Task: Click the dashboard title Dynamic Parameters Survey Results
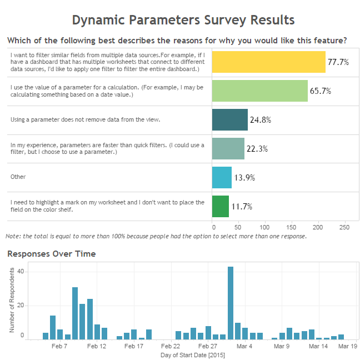tap(183, 21)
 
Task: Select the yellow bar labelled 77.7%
tap(268, 62)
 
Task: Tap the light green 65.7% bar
tap(259, 91)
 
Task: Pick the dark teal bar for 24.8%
tap(229, 119)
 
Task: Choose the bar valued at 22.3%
tap(228, 148)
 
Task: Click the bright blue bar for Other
tap(222, 177)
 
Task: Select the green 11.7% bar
tap(220, 206)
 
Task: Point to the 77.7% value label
tap(338, 62)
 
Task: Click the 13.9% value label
tap(244, 178)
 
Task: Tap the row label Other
tap(18, 177)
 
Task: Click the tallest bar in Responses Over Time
tap(231, 303)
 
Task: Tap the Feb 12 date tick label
tap(97, 346)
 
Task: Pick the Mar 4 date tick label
tap(244, 346)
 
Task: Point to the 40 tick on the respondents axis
tap(21, 271)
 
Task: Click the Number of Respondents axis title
tap(11, 303)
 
